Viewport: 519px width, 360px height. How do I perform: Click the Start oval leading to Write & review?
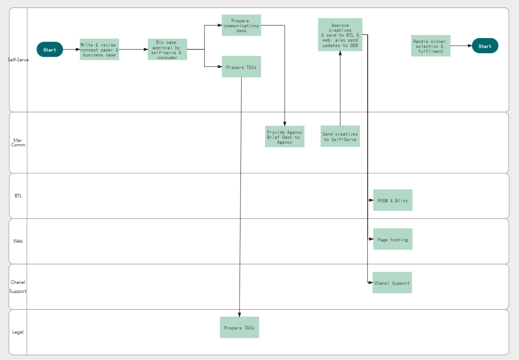pyautogui.click(x=50, y=49)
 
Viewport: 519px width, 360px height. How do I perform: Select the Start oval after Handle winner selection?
pyautogui.click(x=485, y=46)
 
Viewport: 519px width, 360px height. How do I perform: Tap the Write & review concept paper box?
pyautogui.click(x=99, y=49)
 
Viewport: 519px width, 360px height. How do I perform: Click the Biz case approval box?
pyautogui.click(x=167, y=49)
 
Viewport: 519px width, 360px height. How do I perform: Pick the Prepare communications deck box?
pyautogui.click(x=241, y=25)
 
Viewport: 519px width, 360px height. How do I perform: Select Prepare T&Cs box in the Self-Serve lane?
pyautogui.click(x=241, y=67)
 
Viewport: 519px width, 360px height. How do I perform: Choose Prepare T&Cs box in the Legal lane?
pyautogui.click(x=239, y=327)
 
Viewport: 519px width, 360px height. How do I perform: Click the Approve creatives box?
pyautogui.click(x=340, y=34)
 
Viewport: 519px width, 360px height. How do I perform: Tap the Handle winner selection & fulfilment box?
pyautogui.click(x=430, y=46)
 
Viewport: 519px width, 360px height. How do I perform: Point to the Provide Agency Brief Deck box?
pyautogui.click(x=284, y=137)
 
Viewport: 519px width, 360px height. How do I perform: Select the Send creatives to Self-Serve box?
pyautogui.click(x=340, y=136)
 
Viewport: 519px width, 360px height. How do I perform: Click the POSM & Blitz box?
pyautogui.click(x=392, y=200)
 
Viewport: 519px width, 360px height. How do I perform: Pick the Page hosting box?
pyautogui.click(x=392, y=239)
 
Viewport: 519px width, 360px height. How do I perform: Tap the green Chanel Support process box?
pyautogui.click(x=392, y=283)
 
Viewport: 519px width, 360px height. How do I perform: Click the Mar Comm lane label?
pyautogui.click(x=18, y=142)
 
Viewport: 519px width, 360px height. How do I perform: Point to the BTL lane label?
pyautogui.click(x=18, y=196)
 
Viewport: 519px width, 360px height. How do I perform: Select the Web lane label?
pyautogui.click(x=18, y=241)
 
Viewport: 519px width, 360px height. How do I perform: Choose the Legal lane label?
pyautogui.click(x=18, y=332)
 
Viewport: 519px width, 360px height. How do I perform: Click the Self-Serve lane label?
pyautogui.click(x=18, y=60)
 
